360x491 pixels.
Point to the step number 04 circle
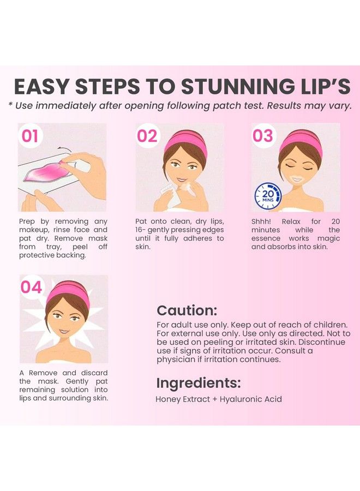(x=32, y=288)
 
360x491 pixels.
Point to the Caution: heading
(x=187, y=310)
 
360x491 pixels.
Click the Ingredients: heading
(x=199, y=382)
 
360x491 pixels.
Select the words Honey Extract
(x=183, y=399)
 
